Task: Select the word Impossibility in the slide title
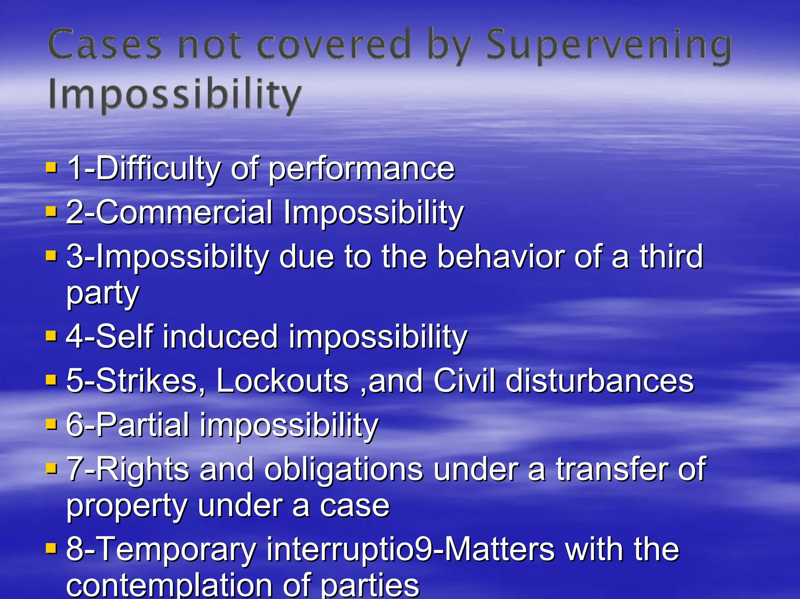pyautogui.click(x=175, y=94)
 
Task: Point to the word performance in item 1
pyautogui.click(x=362, y=169)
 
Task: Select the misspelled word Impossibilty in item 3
pyautogui.click(x=182, y=257)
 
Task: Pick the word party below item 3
pyautogui.click(x=103, y=294)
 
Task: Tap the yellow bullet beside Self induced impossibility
pyautogui.click(x=51, y=335)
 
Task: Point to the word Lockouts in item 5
pyautogui.click(x=282, y=381)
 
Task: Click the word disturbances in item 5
pyautogui.click(x=600, y=381)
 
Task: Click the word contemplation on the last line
pyautogui.click(x=169, y=586)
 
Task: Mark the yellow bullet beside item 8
pyautogui.click(x=51, y=549)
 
